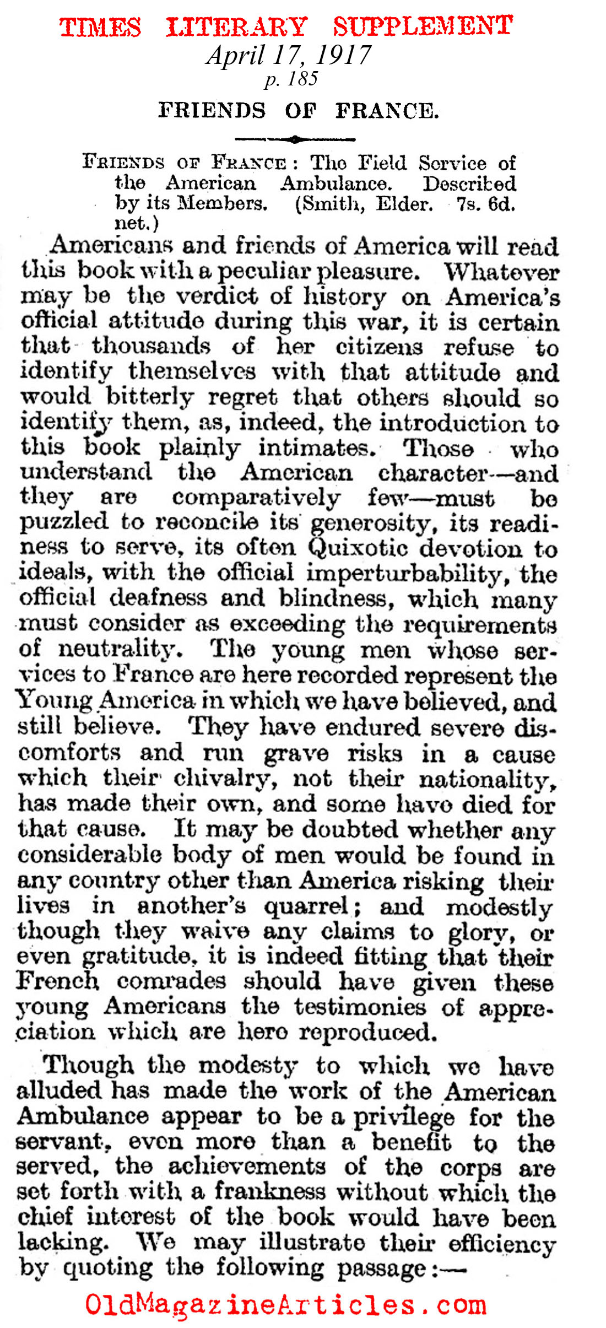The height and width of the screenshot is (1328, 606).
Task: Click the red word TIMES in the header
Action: tap(100, 27)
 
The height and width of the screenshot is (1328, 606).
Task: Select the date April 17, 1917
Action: tap(289, 55)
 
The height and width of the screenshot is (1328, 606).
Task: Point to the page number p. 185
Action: tap(291, 79)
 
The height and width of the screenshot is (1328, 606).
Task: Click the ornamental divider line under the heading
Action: tap(295, 139)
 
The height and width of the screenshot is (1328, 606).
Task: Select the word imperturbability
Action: tap(403, 574)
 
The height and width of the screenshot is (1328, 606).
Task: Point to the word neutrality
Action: tap(120, 649)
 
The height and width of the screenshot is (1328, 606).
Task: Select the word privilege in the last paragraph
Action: tap(404, 1117)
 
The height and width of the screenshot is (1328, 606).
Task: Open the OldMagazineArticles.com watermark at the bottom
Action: tap(286, 1305)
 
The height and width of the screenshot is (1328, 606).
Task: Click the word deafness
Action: tap(158, 598)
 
